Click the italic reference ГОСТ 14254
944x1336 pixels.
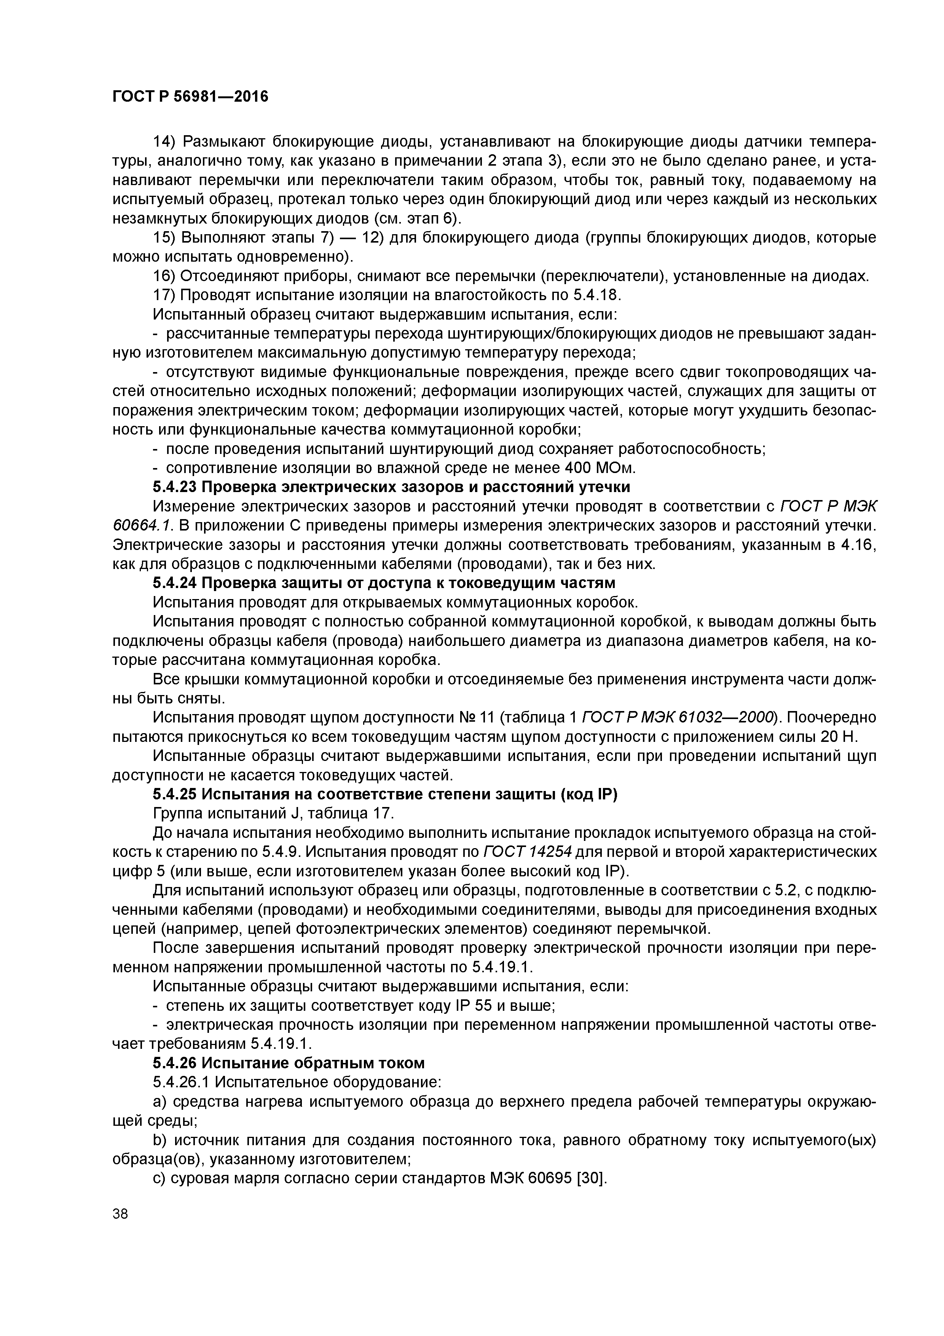point(528,852)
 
